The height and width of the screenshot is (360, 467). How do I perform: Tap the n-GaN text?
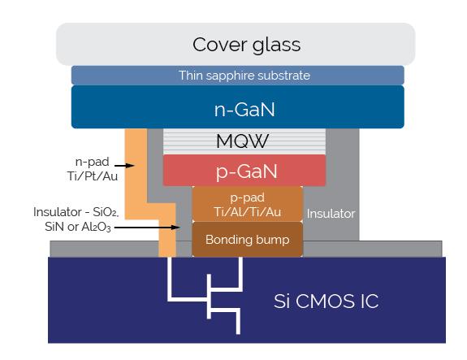237,106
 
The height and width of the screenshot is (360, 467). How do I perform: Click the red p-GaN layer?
244,171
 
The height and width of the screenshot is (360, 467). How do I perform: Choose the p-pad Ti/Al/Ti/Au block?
247,204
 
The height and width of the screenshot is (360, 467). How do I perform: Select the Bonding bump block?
247,240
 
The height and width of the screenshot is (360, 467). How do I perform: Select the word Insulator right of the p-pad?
331,214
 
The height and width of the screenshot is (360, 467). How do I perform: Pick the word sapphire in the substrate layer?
236,76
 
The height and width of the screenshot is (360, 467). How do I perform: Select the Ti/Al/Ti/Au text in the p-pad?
247,210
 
